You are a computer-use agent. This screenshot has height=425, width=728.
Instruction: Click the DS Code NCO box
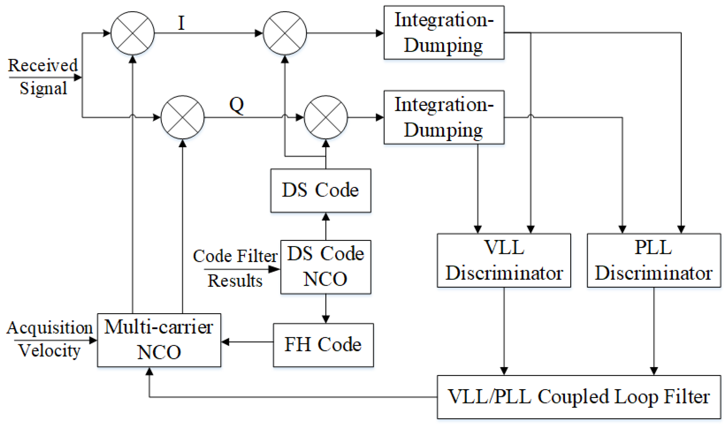click(325, 267)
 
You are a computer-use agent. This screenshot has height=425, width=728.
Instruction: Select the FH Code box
click(323, 345)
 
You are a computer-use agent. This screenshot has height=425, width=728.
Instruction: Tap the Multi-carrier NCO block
click(159, 340)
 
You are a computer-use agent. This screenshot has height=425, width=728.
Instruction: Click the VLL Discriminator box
click(504, 260)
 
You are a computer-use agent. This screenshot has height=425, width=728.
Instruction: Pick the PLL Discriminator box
click(654, 260)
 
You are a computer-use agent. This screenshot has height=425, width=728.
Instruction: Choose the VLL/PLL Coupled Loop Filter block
click(579, 397)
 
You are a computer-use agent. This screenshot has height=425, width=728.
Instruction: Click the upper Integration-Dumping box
click(444, 33)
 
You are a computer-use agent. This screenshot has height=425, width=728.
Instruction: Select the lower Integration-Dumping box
click(444, 117)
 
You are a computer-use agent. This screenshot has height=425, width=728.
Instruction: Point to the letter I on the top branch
click(181, 23)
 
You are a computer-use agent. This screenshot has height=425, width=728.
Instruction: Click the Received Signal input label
click(43, 76)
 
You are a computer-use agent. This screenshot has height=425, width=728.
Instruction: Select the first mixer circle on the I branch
click(133, 33)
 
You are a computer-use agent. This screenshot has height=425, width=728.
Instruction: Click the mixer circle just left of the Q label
click(182, 117)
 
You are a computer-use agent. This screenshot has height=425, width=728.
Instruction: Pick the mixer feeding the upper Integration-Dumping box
click(284, 33)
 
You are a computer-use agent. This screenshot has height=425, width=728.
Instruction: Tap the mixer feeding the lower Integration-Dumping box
click(326, 117)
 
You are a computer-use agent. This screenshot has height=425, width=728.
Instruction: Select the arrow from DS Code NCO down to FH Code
click(326, 309)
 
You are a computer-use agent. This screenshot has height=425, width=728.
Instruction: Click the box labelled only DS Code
click(321, 190)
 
